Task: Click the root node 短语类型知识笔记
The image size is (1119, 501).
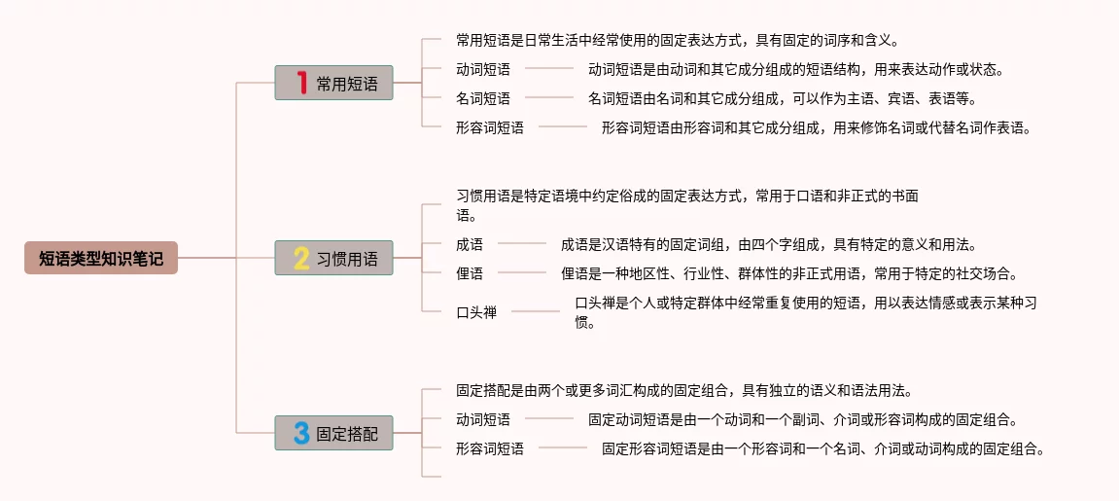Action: tap(101, 258)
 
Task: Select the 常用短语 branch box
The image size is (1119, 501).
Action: tap(333, 84)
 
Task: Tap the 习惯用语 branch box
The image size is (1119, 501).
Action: tap(333, 259)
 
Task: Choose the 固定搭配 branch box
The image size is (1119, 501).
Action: tap(333, 433)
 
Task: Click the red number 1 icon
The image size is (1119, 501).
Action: tap(301, 84)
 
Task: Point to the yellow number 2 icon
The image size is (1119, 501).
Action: tap(301, 259)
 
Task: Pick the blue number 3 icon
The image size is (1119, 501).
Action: tap(301, 433)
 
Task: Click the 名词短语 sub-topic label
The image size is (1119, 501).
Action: tap(483, 98)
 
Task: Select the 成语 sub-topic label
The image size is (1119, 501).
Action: tap(470, 244)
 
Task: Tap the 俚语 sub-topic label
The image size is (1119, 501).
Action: tap(470, 273)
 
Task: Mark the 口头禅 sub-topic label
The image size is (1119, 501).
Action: tap(476, 312)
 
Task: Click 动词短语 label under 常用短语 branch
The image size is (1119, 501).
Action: tap(483, 69)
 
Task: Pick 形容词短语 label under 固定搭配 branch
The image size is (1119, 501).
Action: tap(490, 448)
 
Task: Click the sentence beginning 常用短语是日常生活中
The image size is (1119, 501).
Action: tap(677, 40)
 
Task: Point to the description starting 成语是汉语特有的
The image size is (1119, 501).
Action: tap(768, 244)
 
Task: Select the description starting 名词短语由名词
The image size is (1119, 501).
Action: tap(782, 98)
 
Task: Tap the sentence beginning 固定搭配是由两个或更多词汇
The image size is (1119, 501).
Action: tap(683, 390)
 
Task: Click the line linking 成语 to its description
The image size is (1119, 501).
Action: tap(522, 243)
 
